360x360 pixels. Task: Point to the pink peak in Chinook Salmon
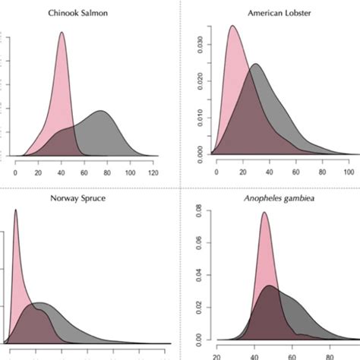(61, 33)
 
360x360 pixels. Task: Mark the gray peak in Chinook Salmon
(101, 112)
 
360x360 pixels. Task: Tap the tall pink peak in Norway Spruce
(16, 211)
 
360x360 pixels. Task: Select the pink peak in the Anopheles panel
(264, 213)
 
